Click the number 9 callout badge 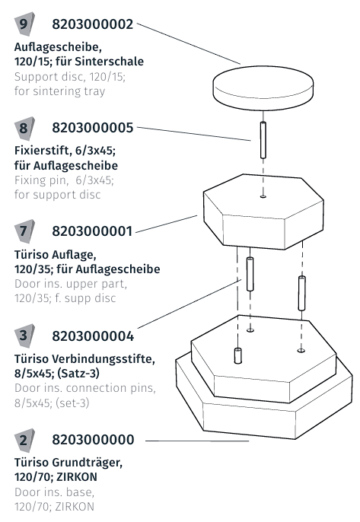coord(25,24)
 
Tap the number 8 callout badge coord(25,127)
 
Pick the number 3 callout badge coord(25,336)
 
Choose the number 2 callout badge coord(25,440)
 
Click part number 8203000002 coord(93,24)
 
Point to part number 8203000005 coord(93,127)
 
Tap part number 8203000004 coord(93,336)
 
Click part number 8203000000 coord(93,440)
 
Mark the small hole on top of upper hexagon coord(263,197)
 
